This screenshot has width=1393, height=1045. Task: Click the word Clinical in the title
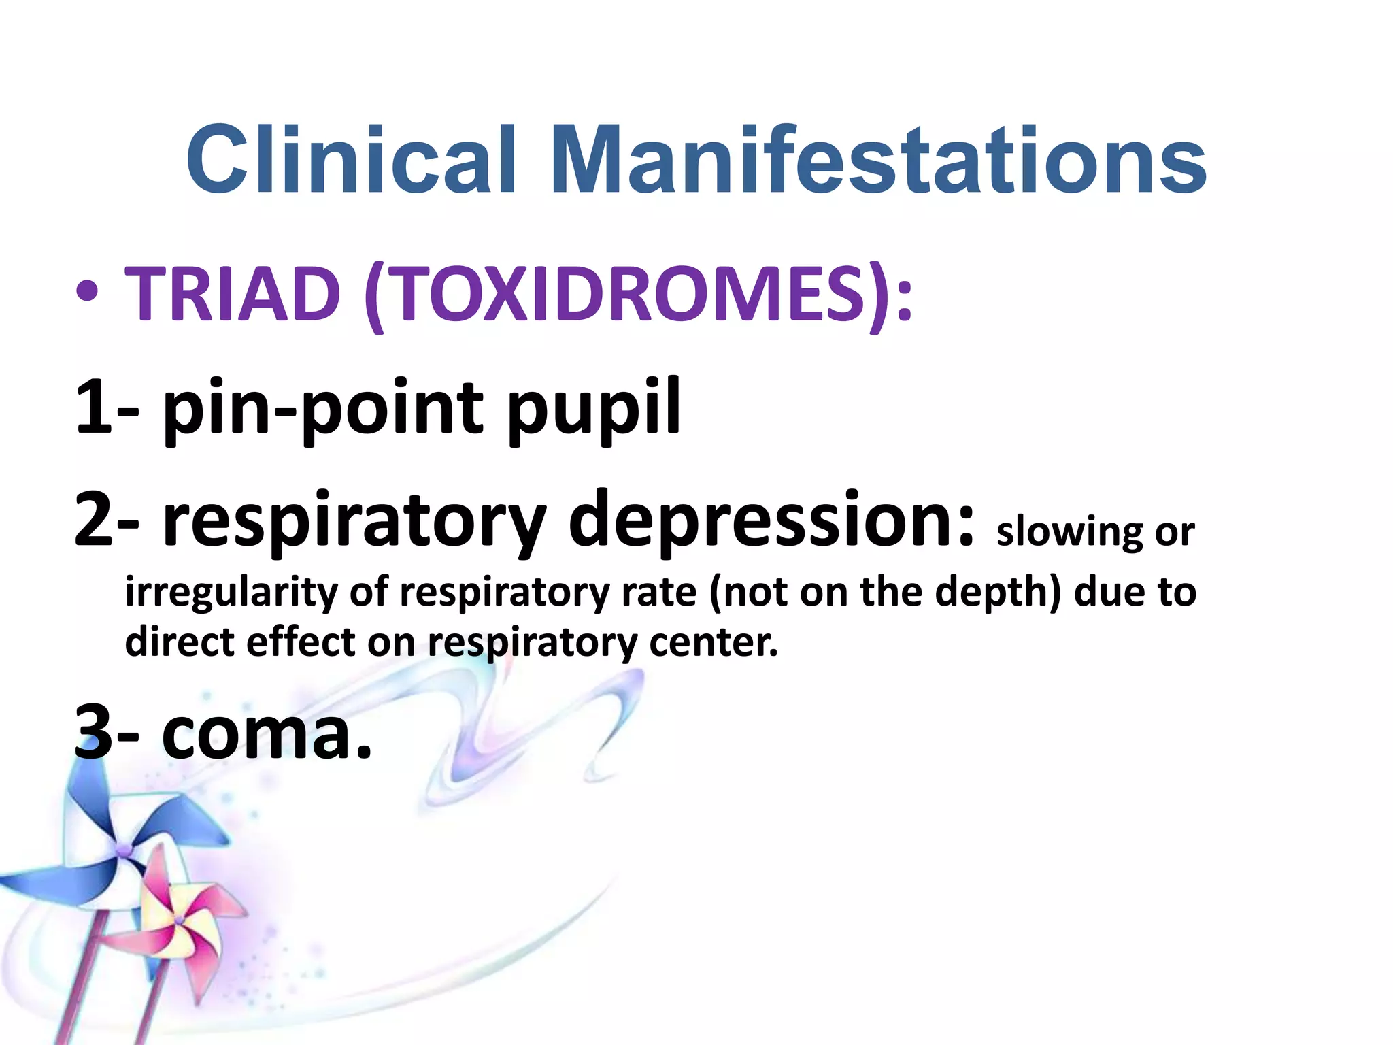[x=350, y=161]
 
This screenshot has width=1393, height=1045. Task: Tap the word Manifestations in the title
[x=878, y=161]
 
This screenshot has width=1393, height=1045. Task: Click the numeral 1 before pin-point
[x=94, y=407]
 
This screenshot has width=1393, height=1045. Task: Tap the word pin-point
[x=323, y=408]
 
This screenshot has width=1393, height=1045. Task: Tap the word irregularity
[x=231, y=592]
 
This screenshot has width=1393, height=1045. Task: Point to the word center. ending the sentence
[x=714, y=642]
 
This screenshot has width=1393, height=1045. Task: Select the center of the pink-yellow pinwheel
[x=179, y=920]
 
